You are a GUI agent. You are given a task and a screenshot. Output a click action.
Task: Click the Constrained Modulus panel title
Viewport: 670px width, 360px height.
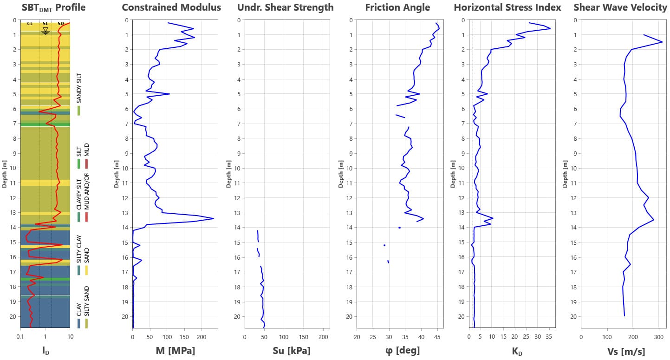[171, 7]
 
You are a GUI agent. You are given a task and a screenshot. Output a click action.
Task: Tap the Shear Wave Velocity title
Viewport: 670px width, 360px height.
[620, 7]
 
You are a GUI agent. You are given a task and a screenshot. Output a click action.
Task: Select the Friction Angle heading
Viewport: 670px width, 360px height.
[397, 7]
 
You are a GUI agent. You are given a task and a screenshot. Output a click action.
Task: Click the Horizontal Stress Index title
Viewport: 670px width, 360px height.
[507, 7]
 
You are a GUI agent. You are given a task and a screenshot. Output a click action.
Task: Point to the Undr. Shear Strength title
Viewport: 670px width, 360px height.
[285, 7]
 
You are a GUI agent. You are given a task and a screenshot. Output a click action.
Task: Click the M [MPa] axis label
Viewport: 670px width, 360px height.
[175, 351]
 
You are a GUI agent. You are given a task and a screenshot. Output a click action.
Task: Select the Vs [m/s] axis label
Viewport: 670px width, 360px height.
[626, 351]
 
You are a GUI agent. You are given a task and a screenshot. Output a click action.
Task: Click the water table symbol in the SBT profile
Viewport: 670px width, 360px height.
[45, 31]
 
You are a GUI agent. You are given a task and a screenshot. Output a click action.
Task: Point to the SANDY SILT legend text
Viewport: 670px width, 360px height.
[79, 88]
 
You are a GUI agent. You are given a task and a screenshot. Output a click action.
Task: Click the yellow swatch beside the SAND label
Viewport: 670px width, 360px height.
[86, 270]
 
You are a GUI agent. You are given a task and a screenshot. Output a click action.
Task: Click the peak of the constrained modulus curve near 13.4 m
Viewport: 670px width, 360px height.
[214, 218]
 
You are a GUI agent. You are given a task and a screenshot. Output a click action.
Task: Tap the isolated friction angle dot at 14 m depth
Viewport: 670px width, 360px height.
[399, 228]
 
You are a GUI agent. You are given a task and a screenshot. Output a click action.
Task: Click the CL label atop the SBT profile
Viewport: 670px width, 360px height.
[30, 24]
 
